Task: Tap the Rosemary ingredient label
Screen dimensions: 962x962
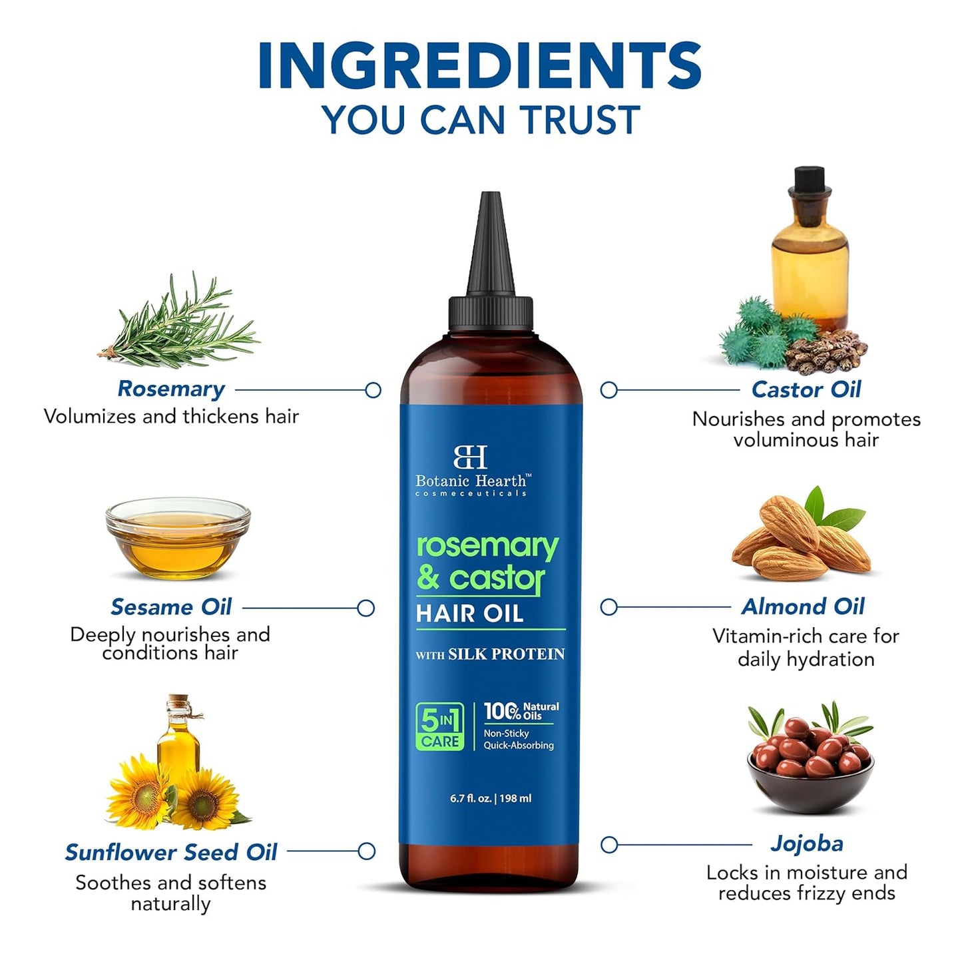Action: (x=171, y=389)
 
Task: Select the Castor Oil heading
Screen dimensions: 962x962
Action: (x=806, y=389)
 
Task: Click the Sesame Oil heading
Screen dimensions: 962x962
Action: (x=171, y=607)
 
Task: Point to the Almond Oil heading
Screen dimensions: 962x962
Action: (x=803, y=606)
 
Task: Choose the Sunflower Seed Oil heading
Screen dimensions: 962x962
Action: (x=171, y=852)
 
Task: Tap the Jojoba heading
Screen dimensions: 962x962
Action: (x=806, y=843)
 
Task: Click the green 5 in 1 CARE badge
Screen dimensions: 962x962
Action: (x=439, y=726)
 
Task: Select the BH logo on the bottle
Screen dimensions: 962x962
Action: (x=470, y=457)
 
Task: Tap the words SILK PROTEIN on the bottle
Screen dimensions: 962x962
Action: (x=506, y=654)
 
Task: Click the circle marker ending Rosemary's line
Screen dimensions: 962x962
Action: (x=373, y=390)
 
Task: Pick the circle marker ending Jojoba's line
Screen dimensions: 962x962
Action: (x=608, y=845)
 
